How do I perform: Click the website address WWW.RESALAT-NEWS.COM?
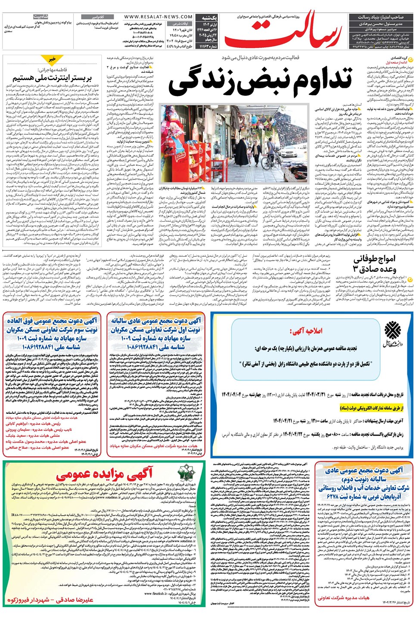tap(158, 17)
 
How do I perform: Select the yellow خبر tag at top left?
tap(52, 59)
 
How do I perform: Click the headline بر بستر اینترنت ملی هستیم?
tap(52, 78)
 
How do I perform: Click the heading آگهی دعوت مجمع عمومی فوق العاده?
tap(52, 321)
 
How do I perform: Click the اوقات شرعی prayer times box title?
tap(181, 24)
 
